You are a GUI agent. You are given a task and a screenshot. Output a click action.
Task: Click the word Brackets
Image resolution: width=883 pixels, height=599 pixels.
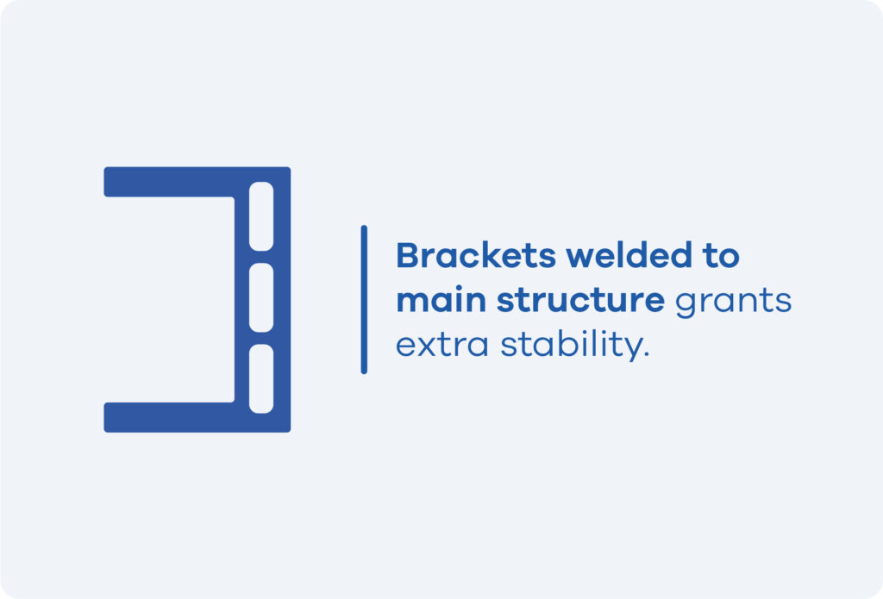pos(476,256)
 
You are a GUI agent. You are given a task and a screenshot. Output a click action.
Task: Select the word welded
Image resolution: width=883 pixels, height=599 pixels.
pos(629,255)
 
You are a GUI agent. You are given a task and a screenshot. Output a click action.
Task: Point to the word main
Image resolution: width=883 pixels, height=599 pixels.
pos(441,300)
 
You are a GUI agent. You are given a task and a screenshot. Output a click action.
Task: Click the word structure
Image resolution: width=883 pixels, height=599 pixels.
pos(580,301)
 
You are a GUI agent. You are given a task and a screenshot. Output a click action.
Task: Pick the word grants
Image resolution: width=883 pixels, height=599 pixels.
pos(733,303)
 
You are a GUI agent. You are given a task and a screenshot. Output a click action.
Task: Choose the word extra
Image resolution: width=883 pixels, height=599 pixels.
pos(442,345)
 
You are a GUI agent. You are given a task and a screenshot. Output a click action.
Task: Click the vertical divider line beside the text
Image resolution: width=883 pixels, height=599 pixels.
pos(364,300)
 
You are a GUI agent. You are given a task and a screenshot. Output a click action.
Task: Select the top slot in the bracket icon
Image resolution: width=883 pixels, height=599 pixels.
pos(261,216)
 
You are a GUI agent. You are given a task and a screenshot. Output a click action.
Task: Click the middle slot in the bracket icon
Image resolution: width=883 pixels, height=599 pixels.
pos(261,297)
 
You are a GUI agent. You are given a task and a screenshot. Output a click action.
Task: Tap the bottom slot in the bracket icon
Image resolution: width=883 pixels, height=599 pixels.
pos(261,378)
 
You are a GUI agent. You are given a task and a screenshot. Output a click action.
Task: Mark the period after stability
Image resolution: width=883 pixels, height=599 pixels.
pos(647,355)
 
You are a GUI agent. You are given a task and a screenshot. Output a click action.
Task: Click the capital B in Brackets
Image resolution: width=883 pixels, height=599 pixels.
pos(408,256)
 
